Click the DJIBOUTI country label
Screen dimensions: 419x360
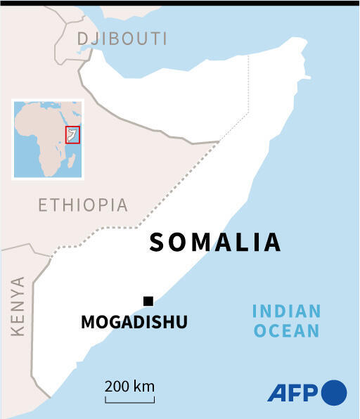click(122, 38)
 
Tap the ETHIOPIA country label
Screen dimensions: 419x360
click(83, 205)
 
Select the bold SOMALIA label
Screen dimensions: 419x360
click(215, 242)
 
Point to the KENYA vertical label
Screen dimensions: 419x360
click(18, 306)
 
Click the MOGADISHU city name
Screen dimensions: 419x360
click(134, 323)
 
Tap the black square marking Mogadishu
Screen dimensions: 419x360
click(148, 302)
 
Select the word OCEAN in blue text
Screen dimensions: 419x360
click(286, 330)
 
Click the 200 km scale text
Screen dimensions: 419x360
click(130, 386)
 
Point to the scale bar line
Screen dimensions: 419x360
click(130, 401)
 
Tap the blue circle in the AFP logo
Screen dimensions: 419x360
click(334, 392)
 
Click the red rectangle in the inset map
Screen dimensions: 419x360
click(72, 134)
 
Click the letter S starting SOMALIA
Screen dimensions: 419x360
click(157, 243)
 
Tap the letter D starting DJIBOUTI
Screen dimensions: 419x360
click(84, 38)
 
